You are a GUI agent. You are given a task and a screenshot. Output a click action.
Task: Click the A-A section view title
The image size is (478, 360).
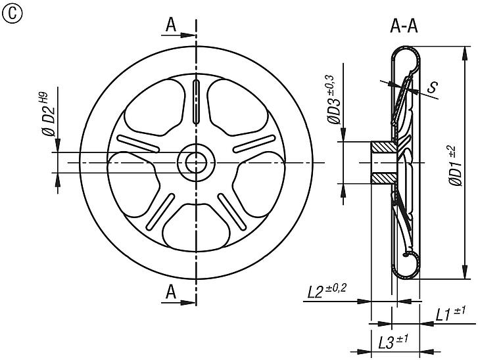[406, 26]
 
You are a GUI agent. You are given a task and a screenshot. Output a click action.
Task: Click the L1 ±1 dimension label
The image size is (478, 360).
[450, 315]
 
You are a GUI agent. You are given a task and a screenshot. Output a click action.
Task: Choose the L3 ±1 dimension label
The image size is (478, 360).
[393, 342]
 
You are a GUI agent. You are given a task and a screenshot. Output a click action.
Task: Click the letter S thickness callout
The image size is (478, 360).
[433, 86]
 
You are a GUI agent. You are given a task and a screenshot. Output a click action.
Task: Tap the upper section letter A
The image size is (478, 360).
[171, 25]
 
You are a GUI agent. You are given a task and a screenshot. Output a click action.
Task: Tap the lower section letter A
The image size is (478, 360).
[171, 291]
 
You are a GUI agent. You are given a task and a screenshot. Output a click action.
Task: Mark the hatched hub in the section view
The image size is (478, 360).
[381, 162]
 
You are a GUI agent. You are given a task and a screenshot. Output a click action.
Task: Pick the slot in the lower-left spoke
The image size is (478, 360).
[160, 212]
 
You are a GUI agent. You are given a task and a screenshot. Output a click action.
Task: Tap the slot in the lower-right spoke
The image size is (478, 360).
[231, 212]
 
